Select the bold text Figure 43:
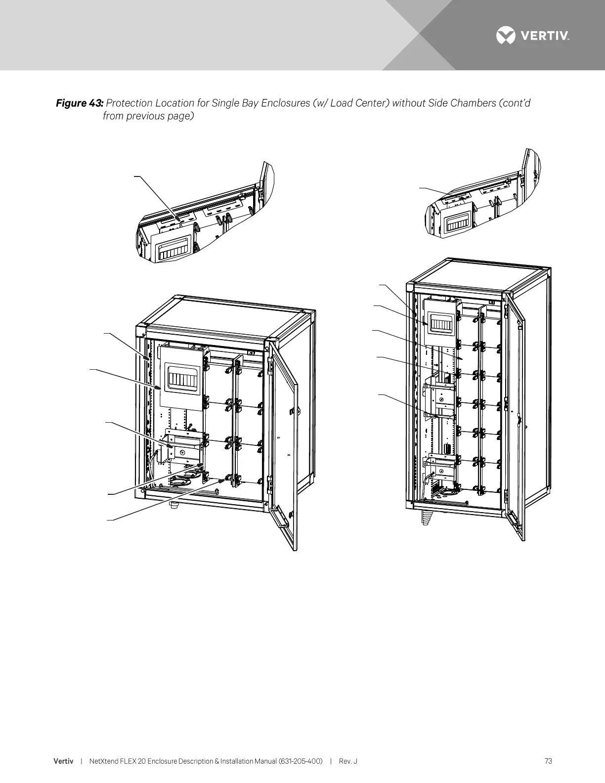(x=80, y=103)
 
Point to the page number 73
(x=548, y=761)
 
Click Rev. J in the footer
(x=348, y=761)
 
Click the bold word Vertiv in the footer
(x=63, y=761)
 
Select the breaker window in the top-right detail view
(x=457, y=225)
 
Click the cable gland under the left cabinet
(x=174, y=505)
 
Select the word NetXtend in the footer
(x=103, y=761)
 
